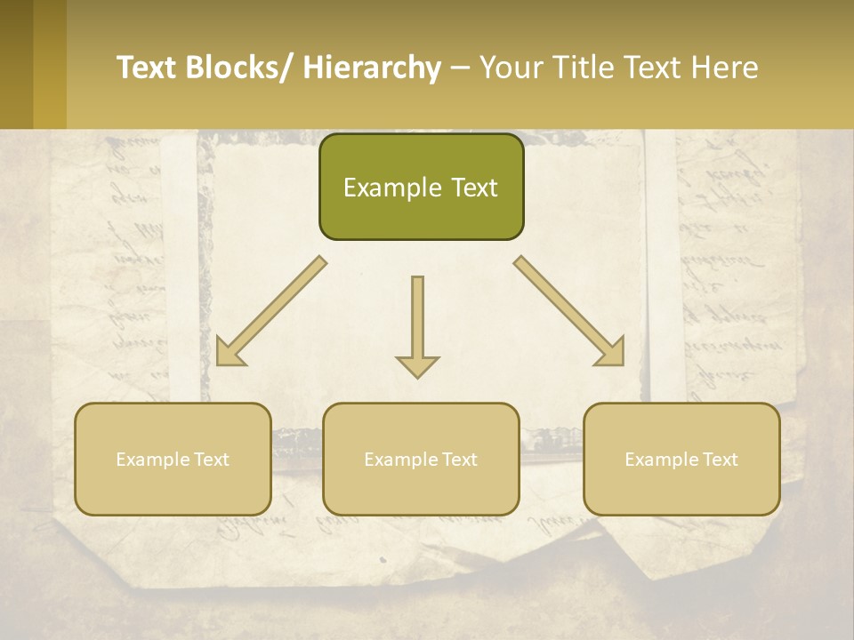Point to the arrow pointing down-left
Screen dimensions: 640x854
click(x=271, y=311)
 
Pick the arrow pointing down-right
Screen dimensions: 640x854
click(x=569, y=311)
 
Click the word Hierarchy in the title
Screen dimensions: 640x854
click(x=372, y=68)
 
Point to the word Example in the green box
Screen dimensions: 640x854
click(x=392, y=188)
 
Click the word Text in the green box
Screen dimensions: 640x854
click(x=473, y=188)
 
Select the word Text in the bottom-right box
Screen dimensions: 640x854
click(x=720, y=460)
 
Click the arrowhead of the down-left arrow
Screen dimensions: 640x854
click(x=228, y=354)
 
